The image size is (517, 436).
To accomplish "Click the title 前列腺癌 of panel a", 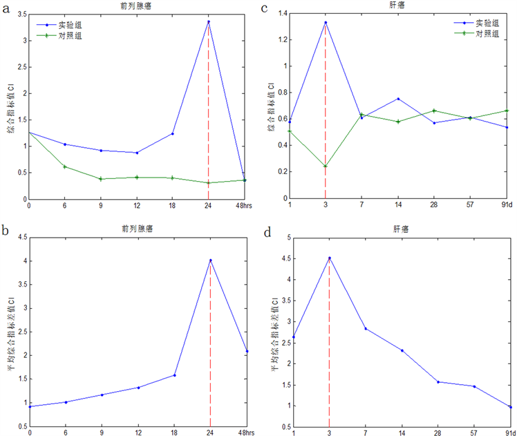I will [137, 6].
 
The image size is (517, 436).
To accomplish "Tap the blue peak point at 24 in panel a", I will [209, 21].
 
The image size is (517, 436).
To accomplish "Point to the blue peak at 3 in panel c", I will [326, 22].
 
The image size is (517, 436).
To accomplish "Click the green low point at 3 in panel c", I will [326, 166].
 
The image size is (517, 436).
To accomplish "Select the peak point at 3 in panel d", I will [329, 258].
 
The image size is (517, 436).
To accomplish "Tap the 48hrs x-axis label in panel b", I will [243, 432].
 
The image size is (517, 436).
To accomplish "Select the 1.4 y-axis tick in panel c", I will [279, 14].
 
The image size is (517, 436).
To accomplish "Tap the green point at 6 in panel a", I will [64, 167].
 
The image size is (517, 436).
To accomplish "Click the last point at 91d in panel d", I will [510, 407].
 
